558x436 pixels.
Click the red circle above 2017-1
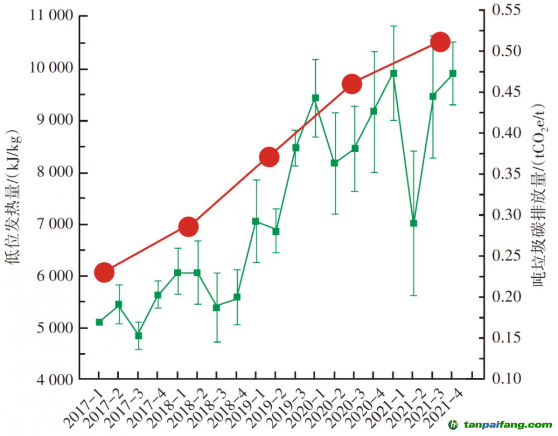tap(104, 273)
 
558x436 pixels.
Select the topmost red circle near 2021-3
tap(440, 42)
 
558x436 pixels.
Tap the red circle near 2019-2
tap(268, 158)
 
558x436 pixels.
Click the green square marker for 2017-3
tap(138, 336)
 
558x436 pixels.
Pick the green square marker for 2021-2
tap(413, 223)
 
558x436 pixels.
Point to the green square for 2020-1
tap(315, 98)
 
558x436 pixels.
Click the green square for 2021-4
tap(453, 73)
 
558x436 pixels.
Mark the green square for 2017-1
tap(99, 322)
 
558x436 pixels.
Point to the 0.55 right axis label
tap(507, 10)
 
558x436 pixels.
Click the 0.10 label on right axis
tap(507, 379)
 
